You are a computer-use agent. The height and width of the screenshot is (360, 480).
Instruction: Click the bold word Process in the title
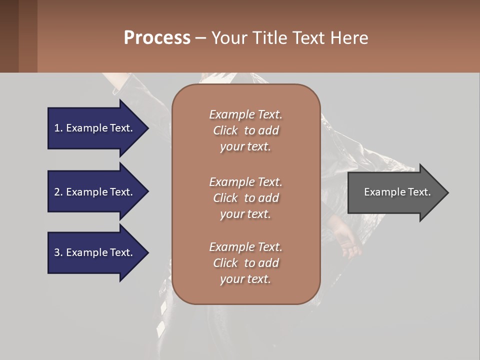coord(157,38)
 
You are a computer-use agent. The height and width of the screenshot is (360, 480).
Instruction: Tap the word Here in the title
coord(349,38)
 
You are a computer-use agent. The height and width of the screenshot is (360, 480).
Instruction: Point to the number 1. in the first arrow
coord(58,128)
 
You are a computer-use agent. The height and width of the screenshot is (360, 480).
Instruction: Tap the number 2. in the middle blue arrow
coord(58,192)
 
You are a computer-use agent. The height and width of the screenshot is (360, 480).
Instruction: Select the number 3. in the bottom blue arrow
coord(58,252)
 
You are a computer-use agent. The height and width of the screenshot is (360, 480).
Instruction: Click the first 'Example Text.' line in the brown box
coord(245,114)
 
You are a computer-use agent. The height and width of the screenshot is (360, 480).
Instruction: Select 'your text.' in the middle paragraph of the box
coord(245,214)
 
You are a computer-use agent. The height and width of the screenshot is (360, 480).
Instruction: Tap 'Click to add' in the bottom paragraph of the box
coord(245,263)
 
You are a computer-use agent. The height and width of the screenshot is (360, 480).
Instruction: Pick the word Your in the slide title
coord(228,38)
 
